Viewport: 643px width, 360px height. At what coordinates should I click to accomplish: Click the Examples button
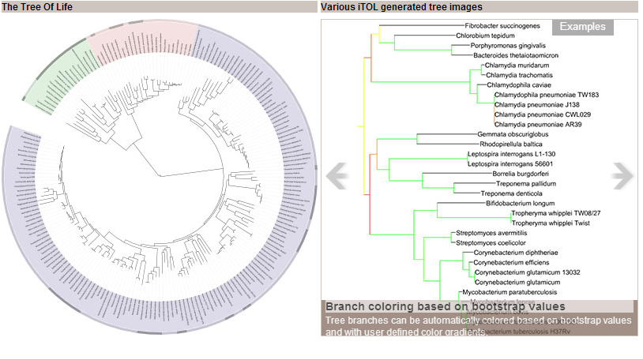(582, 27)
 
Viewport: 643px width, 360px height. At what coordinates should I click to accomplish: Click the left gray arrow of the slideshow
(337, 174)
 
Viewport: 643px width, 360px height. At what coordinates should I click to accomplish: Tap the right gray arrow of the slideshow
(622, 174)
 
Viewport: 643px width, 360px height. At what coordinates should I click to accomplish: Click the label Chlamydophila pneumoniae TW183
(547, 95)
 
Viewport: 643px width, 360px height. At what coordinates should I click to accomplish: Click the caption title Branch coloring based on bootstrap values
(446, 306)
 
